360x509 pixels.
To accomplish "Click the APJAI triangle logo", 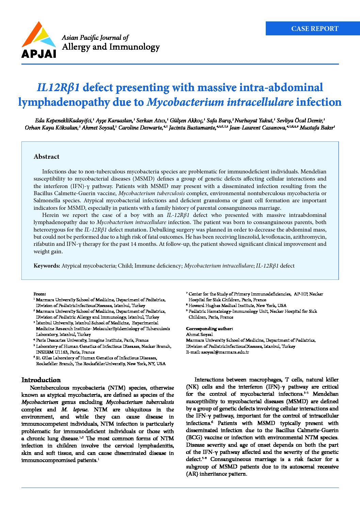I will tap(38, 35).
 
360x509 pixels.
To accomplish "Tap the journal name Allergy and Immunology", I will tap(111, 47).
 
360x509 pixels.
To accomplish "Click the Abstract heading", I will tap(46, 157).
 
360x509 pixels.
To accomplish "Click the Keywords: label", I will tap(47, 266).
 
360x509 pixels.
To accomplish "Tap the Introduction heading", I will tap(41, 380).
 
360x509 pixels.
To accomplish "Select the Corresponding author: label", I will tap(209, 329).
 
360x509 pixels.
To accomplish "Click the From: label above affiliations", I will tap(39, 294).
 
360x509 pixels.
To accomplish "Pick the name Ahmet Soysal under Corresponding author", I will tap(199, 335).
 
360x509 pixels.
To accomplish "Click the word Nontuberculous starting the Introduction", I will tap(49, 388).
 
